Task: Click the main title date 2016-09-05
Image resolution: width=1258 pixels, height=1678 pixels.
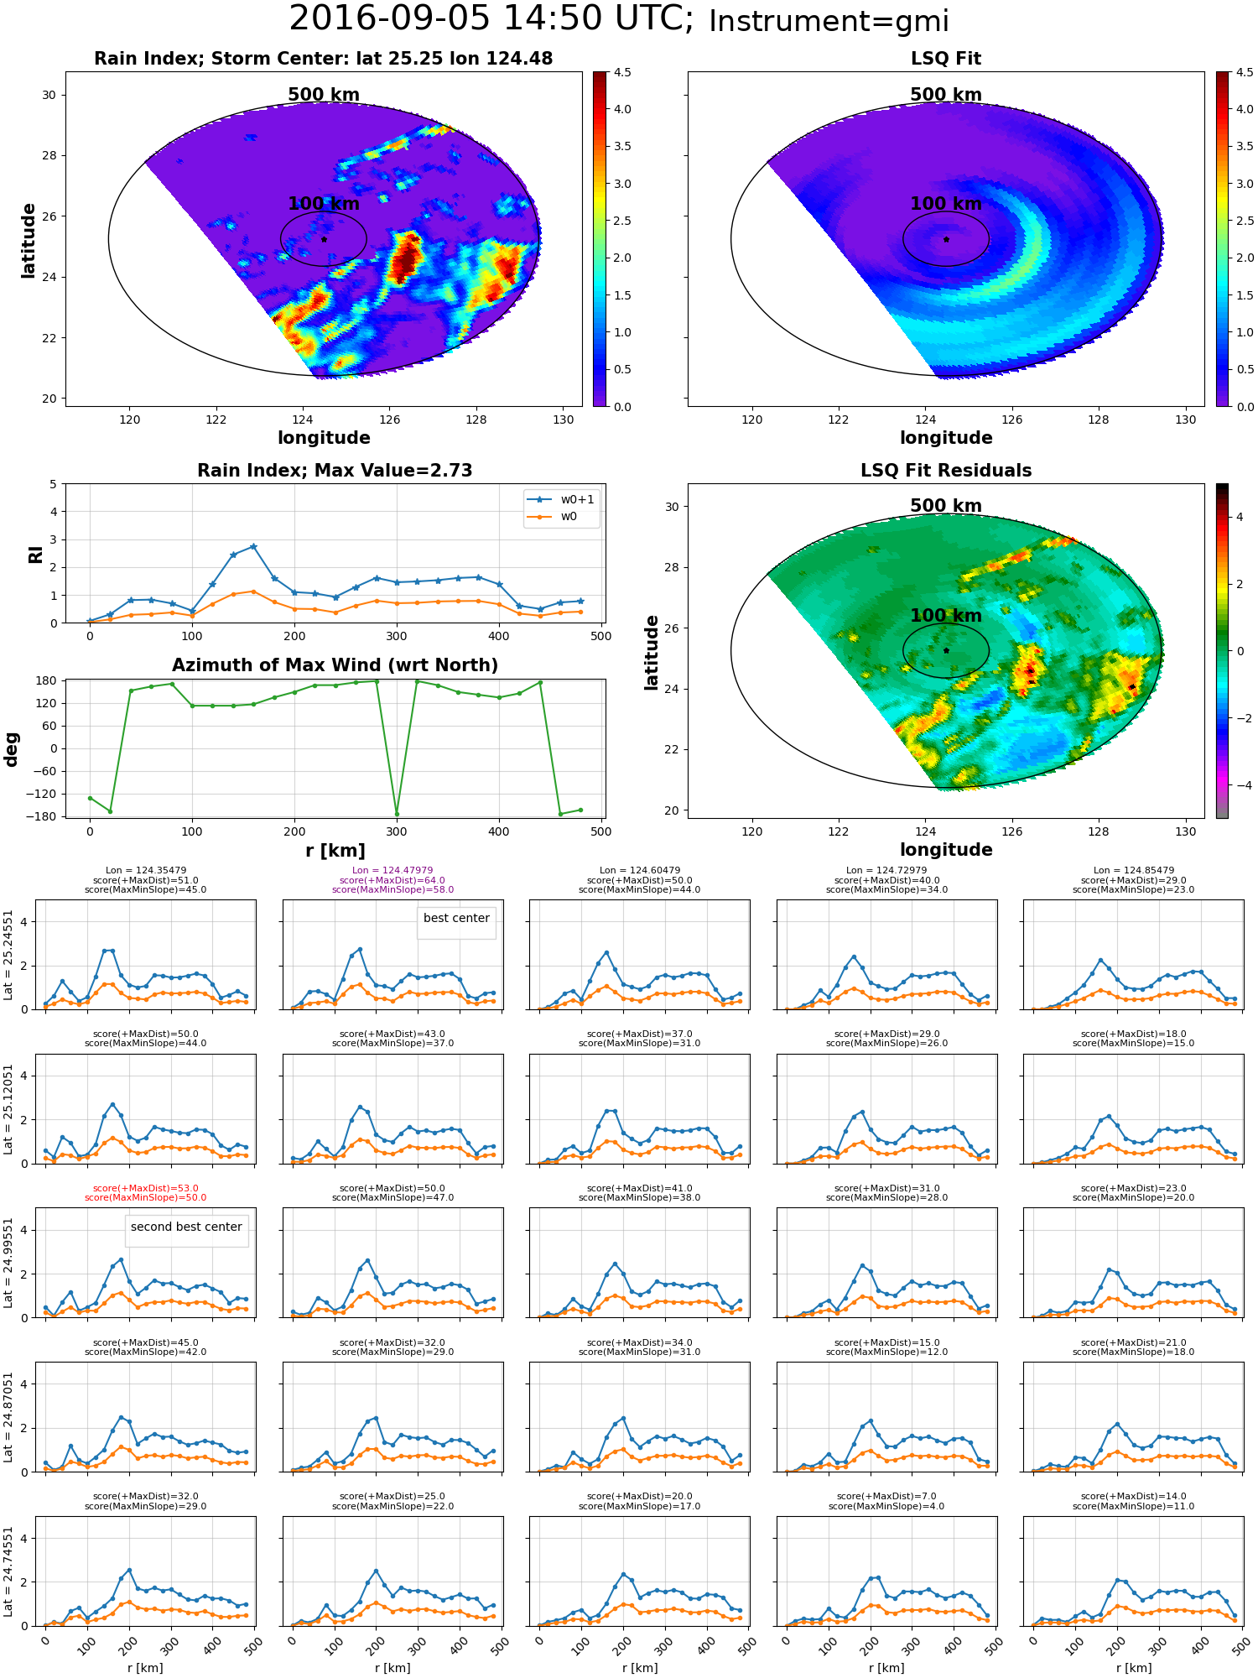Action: coord(389,19)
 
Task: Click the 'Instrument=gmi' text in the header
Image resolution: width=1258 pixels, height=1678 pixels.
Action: coord(829,22)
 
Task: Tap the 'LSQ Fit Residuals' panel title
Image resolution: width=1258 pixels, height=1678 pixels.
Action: coord(946,471)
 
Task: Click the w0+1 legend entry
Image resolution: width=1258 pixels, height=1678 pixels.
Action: coord(561,499)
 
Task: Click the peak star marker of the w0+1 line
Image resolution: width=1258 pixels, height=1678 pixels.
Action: coord(253,546)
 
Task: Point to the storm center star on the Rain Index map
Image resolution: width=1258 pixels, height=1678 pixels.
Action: coord(324,239)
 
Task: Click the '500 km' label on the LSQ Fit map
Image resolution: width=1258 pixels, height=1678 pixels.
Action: coord(946,95)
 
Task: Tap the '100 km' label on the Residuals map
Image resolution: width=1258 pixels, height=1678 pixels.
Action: coord(946,616)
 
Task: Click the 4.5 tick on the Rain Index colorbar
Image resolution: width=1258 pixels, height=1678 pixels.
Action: coord(622,72)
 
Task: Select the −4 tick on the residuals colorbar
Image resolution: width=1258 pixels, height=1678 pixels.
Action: coord(1240,785)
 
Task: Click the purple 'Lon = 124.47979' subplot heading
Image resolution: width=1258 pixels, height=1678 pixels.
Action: coord(392,871)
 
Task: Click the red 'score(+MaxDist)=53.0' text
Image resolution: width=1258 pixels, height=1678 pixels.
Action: coord(145,1188)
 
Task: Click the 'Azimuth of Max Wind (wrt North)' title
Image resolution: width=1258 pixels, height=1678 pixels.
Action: coord(335,665)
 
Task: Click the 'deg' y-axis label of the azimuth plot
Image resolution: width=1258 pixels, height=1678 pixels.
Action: coord(11,749)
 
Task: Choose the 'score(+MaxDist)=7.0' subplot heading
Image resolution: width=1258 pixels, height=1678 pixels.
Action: coord(886,1496)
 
